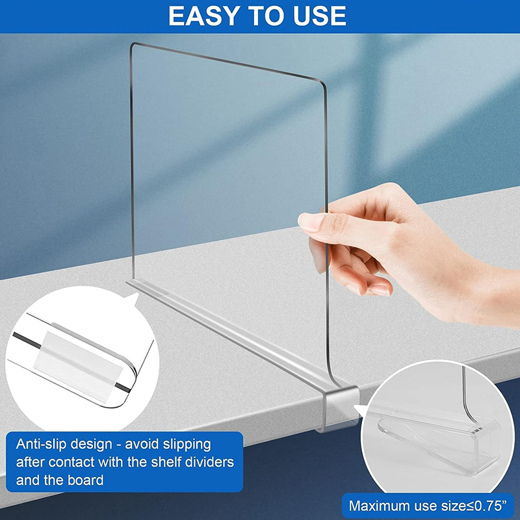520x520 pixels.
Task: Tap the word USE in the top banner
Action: (319, 16)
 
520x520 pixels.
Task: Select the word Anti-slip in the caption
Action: (41, 444)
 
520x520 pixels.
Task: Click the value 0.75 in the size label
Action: (487, 506)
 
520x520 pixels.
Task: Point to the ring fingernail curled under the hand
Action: (380, 291)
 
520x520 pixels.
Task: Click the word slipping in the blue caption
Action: (187, 445)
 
